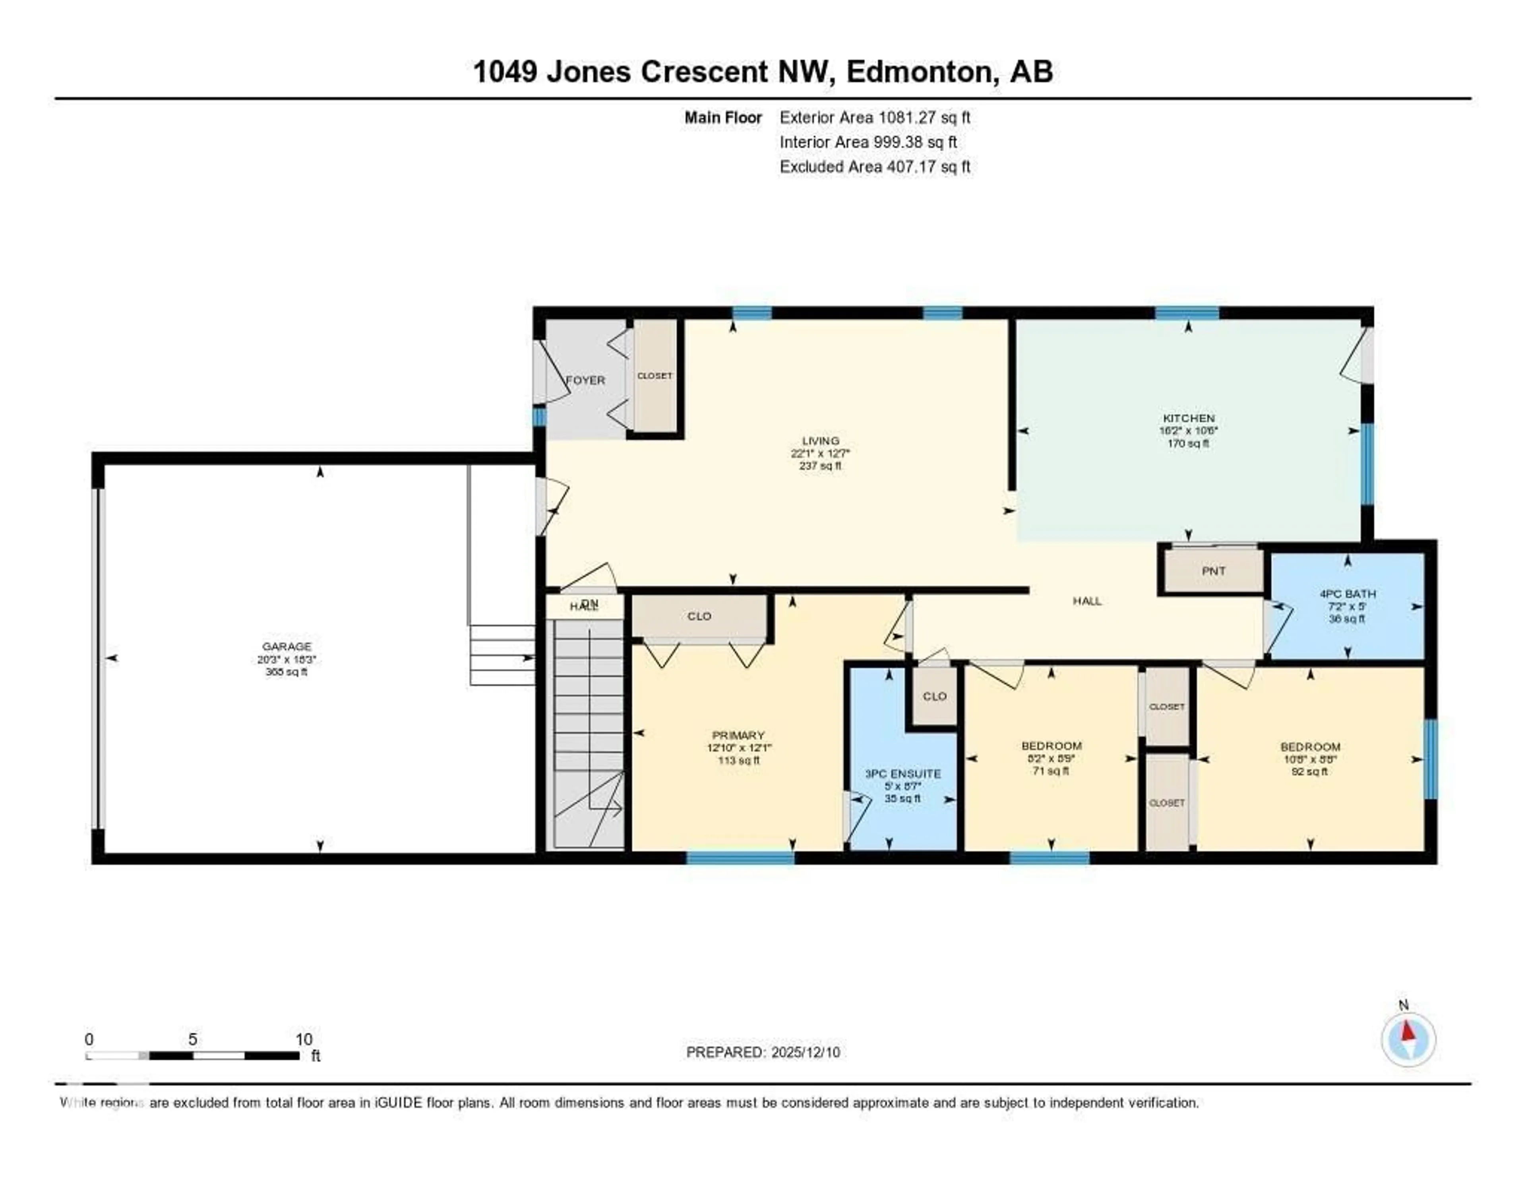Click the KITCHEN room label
[x=1188, y=418]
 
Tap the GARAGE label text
[x=287, y=646]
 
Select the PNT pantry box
[x=1213, y=570]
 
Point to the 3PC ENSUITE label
[x=902, y=774]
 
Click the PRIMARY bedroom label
[x=738, y=735]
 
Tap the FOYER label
[x=585, y=380]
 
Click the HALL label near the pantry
[x=1086, y=600]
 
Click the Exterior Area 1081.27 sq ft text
[x=875, y=117]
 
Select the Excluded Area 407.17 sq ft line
[x=875, y=166]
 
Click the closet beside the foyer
[x=655, y=376]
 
